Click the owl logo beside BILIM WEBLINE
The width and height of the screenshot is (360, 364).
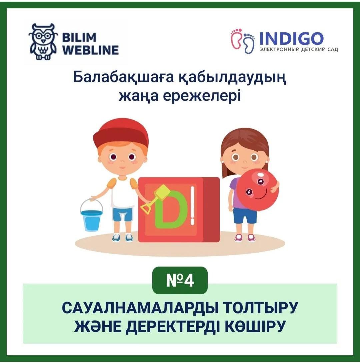tap(43, 42)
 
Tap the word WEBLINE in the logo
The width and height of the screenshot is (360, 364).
tap(91, 50)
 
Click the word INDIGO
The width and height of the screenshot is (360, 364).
tap(291, 38)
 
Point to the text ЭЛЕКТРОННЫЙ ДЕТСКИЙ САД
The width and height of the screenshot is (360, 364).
tap(299, 49)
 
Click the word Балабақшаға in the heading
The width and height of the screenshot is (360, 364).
tap(123, 77)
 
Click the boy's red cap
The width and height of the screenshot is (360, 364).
tap(121, 135)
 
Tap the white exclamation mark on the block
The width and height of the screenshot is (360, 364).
tap(192, 206)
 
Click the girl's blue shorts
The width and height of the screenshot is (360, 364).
tap(245, 216)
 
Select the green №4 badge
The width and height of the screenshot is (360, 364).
tap(180, 281)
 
